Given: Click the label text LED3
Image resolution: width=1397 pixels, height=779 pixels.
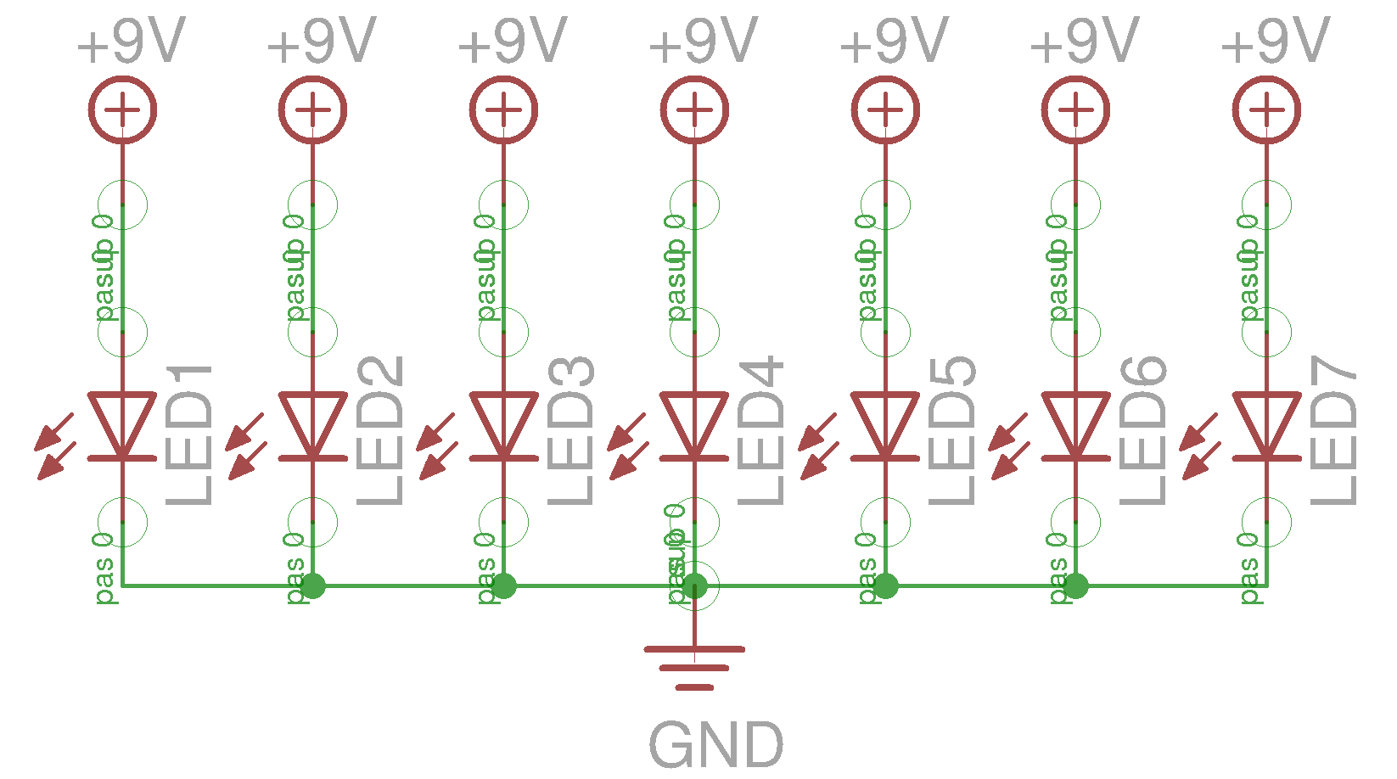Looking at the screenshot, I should pos(570,431).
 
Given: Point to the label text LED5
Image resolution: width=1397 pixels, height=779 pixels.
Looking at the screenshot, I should pos(952,431).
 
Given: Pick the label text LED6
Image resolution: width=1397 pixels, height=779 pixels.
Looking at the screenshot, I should pos(1143,431).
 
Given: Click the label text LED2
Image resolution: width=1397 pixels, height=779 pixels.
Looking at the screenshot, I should pos(379,431).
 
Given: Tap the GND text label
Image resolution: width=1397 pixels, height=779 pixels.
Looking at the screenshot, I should pos(715,745).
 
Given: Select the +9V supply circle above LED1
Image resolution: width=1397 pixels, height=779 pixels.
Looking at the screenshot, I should pos(122,109).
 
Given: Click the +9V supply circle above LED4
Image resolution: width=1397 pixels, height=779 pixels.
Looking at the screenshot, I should pos(694,109).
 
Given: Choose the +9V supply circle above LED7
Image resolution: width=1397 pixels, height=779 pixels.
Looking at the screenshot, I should pos(1266,109).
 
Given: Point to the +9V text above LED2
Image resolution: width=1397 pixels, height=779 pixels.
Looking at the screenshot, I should pos(321,41).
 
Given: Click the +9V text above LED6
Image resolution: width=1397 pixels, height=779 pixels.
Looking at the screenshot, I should pos(1084,41).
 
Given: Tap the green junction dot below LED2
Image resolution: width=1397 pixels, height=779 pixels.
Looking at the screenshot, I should pos(313,586).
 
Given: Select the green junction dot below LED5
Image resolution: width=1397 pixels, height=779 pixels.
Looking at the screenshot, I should pos(885,586).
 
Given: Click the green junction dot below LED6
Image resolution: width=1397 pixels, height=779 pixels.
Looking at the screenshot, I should pos(1075,586).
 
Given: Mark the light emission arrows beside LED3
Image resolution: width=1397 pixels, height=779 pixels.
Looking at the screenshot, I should pos(436,447).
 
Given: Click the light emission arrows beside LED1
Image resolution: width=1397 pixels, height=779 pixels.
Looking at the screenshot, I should pos(55,447).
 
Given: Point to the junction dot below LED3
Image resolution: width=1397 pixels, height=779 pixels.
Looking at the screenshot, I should pos(503,586).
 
